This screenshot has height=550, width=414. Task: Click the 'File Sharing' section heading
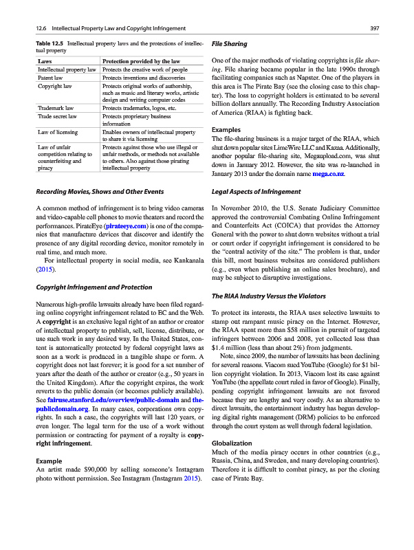[230, 45]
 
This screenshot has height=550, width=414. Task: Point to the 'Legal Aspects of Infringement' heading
[256, 191]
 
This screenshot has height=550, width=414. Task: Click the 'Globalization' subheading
[235, 463]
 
